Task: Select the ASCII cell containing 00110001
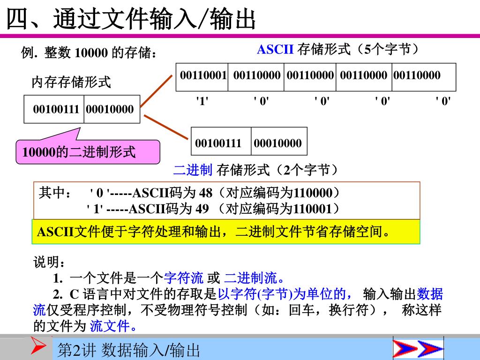tap(203, 75)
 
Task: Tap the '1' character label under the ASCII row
tap(202, 101)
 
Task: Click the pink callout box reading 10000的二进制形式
tap(88, 152)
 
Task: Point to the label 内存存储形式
tap(71, 83)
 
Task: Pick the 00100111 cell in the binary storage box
tap(218, 143)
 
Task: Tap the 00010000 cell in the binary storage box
tap(278, 143)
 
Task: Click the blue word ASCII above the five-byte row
tap(275, 49)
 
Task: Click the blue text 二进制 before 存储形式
tap(193, 170)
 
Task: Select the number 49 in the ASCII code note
tap(202, 209)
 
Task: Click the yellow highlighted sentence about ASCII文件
tap(214, 232)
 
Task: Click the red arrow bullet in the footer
tap(38, 347)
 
